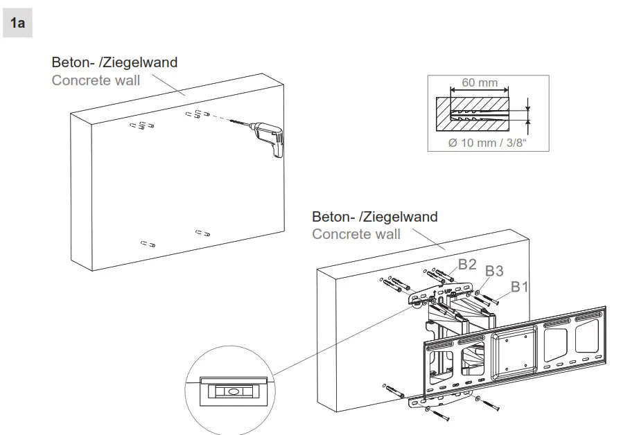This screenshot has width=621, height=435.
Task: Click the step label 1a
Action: pos(18,24)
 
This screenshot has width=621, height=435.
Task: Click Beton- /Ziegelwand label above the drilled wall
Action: pos(114,62)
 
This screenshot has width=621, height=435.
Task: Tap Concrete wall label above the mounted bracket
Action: pos(356,234)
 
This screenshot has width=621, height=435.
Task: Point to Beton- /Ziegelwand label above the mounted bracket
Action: pos(374,217)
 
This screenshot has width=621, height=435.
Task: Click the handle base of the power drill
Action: pos(277,153)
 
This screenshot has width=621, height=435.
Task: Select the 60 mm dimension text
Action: pos(480,83)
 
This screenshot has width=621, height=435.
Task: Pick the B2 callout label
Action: pos(467,264)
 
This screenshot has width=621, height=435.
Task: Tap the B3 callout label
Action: pos(493,272)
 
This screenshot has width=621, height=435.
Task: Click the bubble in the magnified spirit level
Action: pos(231,391)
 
